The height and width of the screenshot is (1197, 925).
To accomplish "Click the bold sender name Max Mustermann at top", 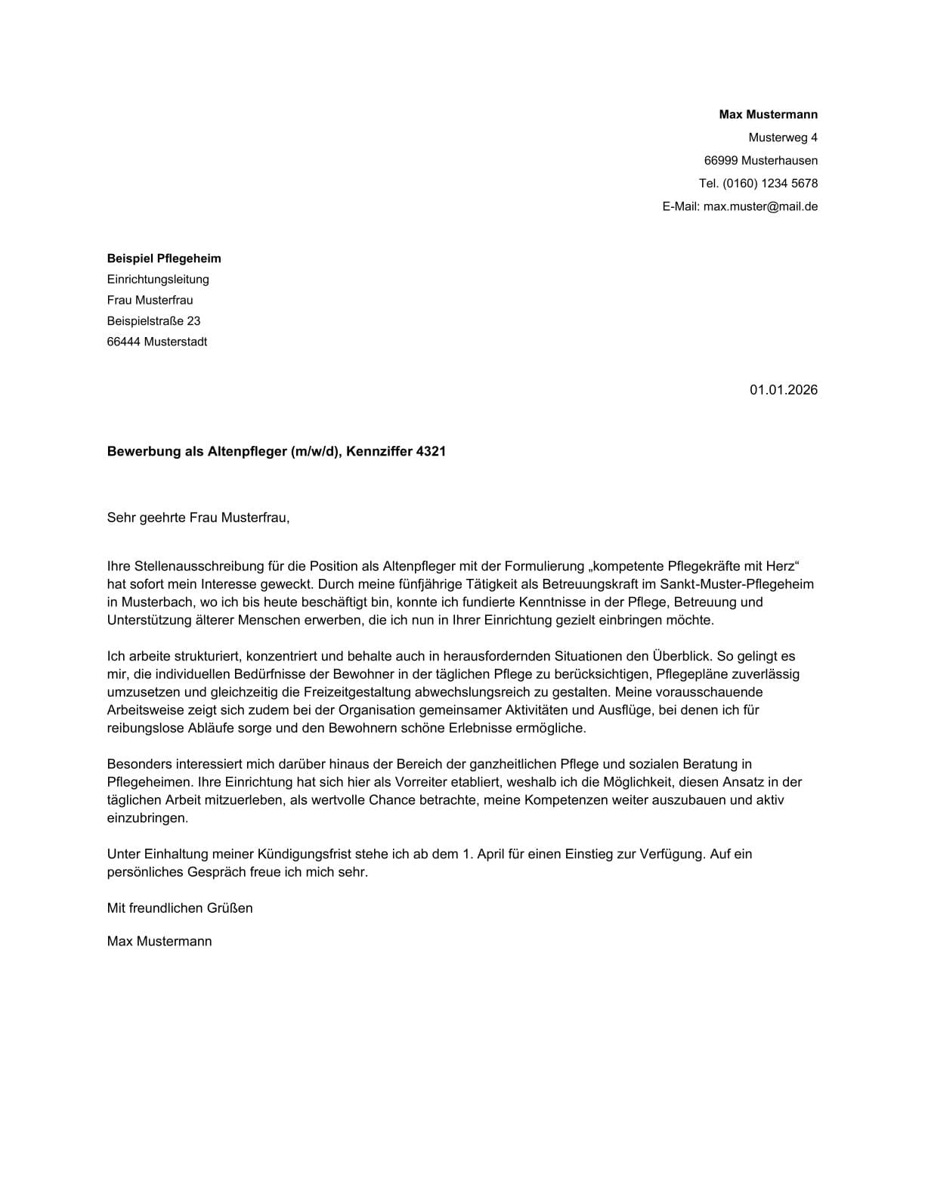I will coord(768,115).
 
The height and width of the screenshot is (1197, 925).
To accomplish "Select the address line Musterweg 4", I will coord(782,138).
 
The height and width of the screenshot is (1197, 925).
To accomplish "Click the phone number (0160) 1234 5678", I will coord(769,183).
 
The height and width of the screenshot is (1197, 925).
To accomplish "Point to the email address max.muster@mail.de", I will coord(760,206).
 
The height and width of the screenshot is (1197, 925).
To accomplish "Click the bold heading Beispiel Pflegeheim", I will coord(164,258).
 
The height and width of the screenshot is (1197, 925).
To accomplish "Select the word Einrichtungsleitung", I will coord(158,280).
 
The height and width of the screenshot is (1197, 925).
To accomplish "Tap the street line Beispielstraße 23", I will coord(153,321).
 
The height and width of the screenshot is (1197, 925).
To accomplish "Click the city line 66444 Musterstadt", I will coord(156,342).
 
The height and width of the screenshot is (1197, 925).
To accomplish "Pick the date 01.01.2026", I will coord(783,390).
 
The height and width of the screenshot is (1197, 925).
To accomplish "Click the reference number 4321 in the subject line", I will coord(431,452).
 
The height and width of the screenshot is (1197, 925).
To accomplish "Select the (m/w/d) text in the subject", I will coord(316,452).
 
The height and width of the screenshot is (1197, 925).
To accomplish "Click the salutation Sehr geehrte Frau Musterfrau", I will coord(198,518).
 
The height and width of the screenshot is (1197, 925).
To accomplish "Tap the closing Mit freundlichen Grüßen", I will coord(180,908).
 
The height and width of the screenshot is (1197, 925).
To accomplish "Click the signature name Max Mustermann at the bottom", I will coord(159,941).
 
